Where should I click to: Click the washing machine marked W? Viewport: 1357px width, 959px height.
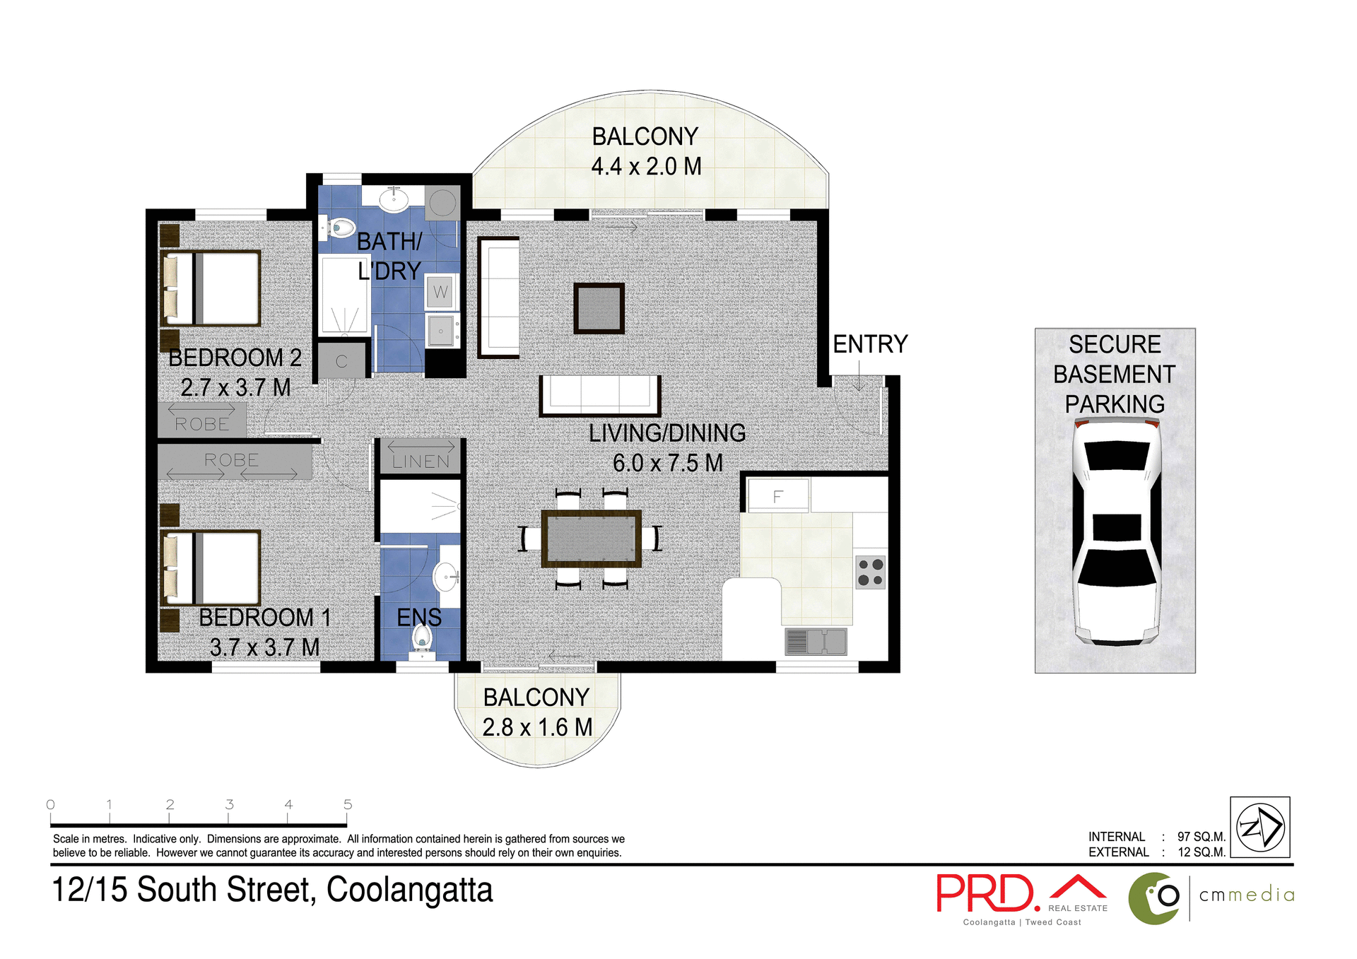[x=440, y=292]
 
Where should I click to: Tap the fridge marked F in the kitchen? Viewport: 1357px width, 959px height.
[x=777, y=496]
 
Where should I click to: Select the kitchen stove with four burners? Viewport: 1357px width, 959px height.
[x=870, y=572]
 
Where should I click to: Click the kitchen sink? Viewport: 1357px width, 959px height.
[x=816, y=641]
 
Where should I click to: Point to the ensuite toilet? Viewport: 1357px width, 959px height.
[x=422, y=638]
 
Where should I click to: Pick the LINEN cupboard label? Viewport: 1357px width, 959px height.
[x=421, y=461]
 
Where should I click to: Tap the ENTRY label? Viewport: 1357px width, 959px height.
[x=869, y=344]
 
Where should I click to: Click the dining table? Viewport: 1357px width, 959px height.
[x=591, y=539]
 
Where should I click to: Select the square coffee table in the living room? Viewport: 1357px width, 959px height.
[x=599, y=308]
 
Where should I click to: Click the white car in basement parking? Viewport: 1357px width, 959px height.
[x=1116, y=531]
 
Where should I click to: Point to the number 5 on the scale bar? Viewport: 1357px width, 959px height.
[x=348, y=804]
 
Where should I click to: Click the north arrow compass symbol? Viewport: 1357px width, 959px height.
[x=1259, y=827]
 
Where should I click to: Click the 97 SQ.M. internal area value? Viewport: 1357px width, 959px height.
[x=1201, y=837]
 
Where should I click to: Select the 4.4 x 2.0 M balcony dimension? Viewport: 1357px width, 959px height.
[x=646, y=167]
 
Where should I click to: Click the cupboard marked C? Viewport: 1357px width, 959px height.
[x=341, y=361]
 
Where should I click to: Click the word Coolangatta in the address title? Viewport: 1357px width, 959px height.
[x=409, y=890]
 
